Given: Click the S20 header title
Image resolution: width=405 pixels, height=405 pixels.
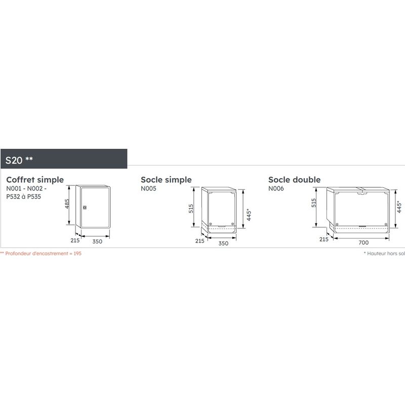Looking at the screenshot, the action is (19, 160).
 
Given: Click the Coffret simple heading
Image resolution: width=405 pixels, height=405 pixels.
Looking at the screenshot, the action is (35, 180).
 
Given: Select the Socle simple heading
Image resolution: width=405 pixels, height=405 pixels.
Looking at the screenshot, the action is (166, 180).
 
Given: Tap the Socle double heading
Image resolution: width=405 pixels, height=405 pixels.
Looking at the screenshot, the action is (294, 180).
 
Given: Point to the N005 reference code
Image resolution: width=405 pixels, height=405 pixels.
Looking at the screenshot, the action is (148, 188).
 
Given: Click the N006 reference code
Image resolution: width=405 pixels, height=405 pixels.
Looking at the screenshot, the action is (276, 188).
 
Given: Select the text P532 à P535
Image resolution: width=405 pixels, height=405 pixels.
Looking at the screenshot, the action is (23, 196).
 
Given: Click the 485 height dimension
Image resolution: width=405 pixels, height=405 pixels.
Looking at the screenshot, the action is (67, 204).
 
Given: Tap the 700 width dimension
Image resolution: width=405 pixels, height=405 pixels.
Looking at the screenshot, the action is (363, 242).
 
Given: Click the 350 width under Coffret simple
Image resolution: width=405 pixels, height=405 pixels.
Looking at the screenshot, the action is (97, 241).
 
